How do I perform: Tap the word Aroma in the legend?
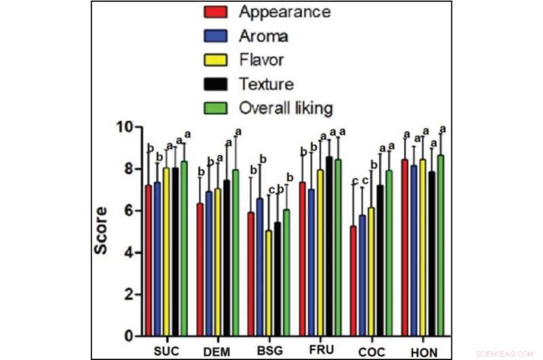[x=263, y=36]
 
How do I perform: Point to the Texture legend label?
[x=266, y=84]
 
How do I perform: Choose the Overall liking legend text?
[x=285, y=108]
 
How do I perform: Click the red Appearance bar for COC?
[x=353, y=281]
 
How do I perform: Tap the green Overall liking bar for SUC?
[x=184, y=249]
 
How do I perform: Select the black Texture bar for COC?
[x=380, y=261]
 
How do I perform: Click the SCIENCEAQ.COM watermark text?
[x=505, y=354]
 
